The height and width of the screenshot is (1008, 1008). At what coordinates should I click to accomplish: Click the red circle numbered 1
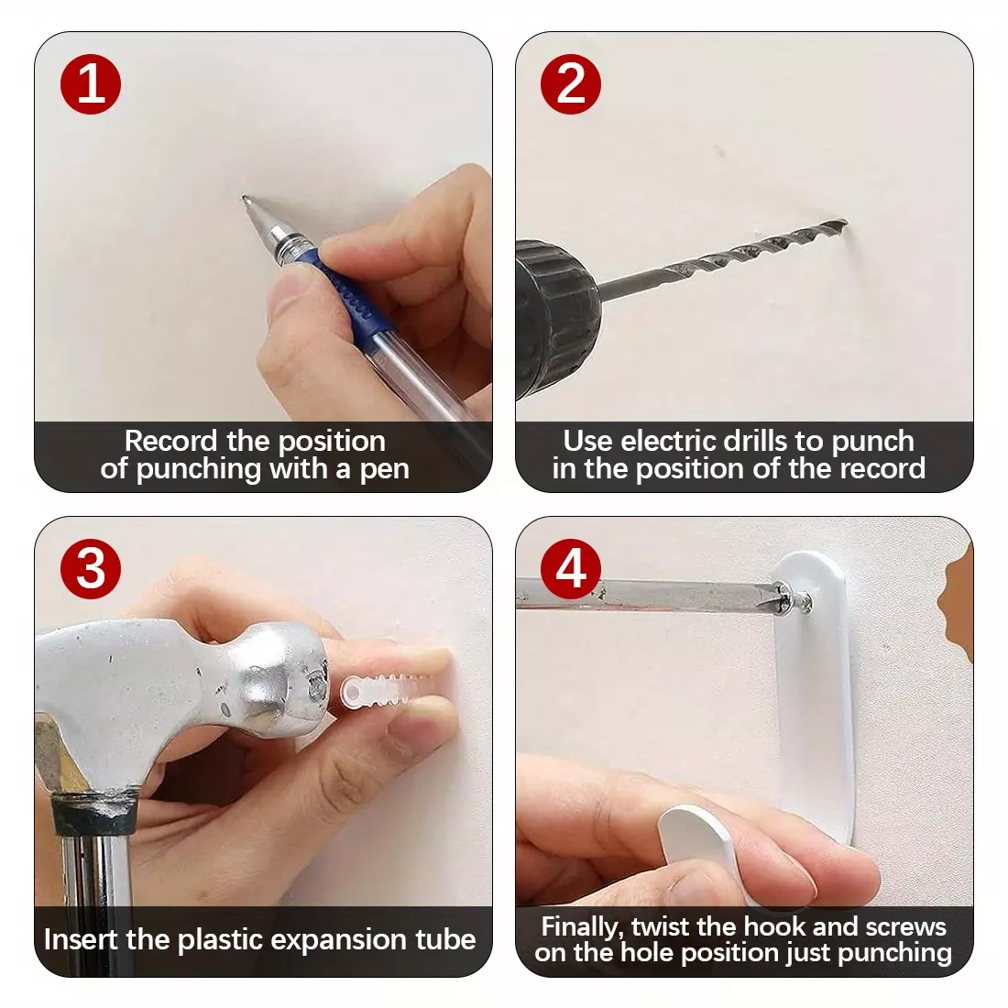click(x=91, y=84)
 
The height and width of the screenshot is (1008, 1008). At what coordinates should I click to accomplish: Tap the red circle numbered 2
click(x=571, y=84)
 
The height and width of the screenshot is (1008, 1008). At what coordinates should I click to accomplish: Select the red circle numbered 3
click(x=91, y=569)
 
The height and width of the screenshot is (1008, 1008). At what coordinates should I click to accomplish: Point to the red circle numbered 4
click(x=571, y=569)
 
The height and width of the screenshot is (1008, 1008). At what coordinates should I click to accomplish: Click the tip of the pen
click(x=244, y=197)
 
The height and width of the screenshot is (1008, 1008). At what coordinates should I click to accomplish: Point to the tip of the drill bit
click(x=846, y=223)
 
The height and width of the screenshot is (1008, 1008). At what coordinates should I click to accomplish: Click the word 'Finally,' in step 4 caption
click(x=582, y=927)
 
